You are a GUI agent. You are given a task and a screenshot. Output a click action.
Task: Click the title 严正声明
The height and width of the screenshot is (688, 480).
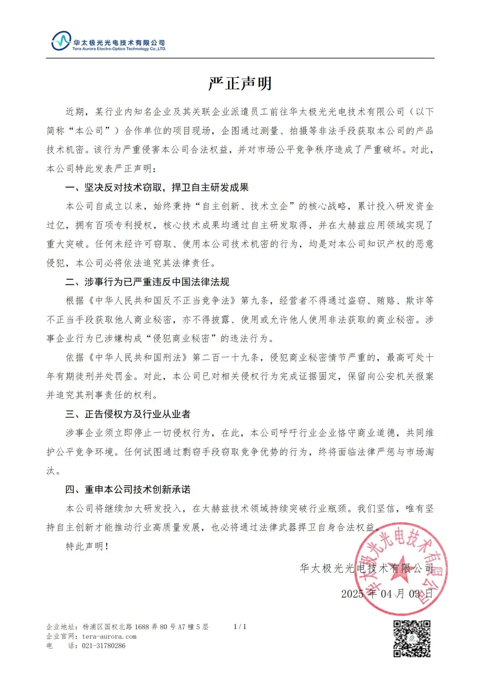(240, 84)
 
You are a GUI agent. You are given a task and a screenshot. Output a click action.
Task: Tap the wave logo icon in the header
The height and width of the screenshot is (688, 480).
(61, 41)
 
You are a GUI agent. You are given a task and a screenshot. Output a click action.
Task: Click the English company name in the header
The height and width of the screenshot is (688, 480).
(119, 49)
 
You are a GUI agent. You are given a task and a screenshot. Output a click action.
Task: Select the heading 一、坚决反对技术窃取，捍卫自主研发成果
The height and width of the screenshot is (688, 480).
(157, 188)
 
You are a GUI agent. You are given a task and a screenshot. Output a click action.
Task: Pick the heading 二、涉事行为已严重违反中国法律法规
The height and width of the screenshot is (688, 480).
(147, 282)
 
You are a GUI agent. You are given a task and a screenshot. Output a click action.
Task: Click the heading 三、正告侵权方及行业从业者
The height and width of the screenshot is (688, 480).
(128, 414)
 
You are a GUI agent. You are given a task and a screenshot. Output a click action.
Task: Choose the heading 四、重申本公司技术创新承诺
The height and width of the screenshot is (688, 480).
(128, 490)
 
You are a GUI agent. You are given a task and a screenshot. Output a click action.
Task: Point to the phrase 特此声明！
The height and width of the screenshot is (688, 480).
(87, 546)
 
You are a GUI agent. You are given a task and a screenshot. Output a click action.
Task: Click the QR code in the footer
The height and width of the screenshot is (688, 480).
(412, 639)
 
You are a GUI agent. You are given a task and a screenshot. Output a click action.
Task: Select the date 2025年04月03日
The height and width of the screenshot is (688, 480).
(387, 594)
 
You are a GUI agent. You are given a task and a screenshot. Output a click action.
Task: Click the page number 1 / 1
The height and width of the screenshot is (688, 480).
(240, 627)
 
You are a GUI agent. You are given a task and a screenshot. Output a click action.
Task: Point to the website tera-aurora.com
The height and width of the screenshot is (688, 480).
(109, 636)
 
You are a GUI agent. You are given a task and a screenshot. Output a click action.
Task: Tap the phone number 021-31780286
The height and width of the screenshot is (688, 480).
(104, 646)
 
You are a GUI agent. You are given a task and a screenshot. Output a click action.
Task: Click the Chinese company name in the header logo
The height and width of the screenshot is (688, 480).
(119, 43)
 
